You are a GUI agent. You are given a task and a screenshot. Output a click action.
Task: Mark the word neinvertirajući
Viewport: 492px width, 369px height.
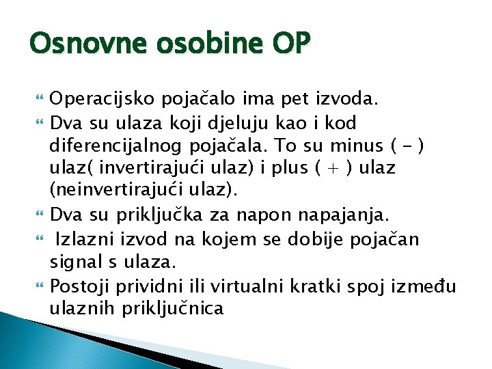pyautogui.click(x=108, y=190)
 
